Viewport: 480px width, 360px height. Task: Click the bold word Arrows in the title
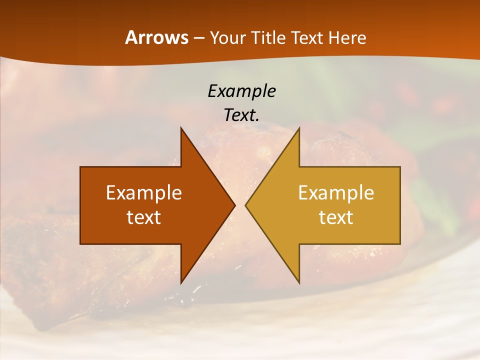157,37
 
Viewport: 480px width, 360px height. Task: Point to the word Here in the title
347,38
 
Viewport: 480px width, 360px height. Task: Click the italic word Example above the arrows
241,91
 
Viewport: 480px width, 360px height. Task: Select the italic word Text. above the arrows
241,115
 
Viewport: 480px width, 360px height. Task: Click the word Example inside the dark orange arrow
144,193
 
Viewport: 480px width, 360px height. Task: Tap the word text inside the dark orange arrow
144,217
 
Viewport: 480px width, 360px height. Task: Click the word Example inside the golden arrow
336,193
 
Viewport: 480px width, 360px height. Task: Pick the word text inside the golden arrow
336,217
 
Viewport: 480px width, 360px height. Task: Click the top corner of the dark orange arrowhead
181,128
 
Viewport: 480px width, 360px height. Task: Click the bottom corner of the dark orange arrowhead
181,282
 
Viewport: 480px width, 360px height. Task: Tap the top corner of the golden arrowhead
299,128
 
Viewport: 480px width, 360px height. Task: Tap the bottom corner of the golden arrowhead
299,282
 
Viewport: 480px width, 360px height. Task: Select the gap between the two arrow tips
240,205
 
